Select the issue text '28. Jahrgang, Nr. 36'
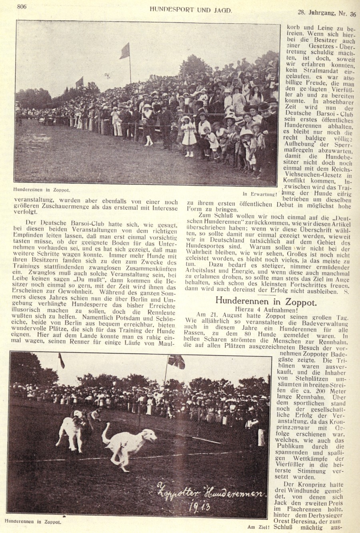coord(327,14)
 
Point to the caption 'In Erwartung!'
coord(260,194)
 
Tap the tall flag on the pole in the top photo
coord(125,51)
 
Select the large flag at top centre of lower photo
coord(176,361)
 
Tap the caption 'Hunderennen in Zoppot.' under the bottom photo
coord(33,522)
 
